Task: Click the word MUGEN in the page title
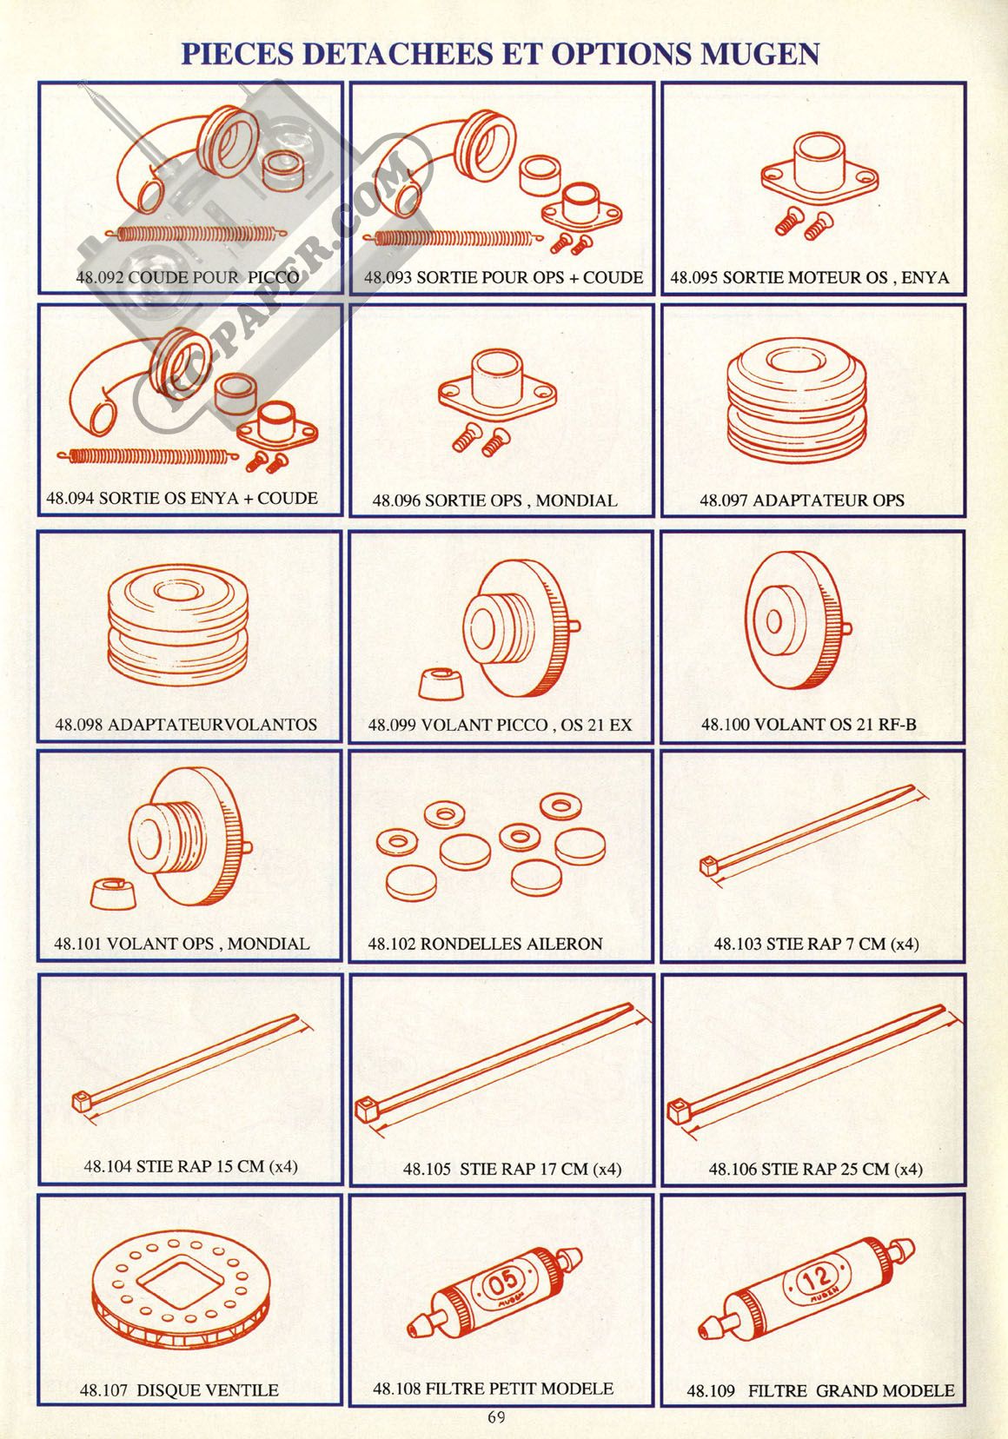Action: [x=759, y=54]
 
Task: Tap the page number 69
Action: [x=496, y=1416]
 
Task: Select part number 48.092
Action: [x=100, y=277]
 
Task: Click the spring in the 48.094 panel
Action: [x=148, y=456]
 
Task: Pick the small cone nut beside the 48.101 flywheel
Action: [x=113, y=893]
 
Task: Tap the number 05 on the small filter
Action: [x=503, y=1283]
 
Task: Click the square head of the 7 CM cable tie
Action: [x=709, y=865]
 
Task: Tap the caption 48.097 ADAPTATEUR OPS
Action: [x=802, y=501]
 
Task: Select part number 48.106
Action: [x=733, y=1170]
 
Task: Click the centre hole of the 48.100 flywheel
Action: [x=773, y=620]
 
